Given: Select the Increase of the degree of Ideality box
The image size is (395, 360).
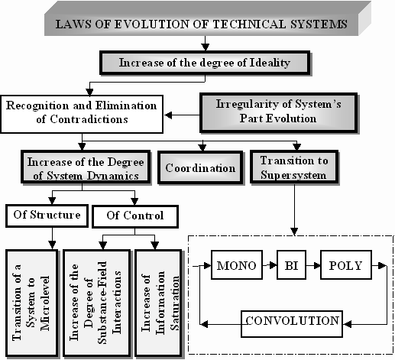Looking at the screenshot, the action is (x=206, y=63).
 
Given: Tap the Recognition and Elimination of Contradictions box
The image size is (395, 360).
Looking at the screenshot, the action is (x=82, y=114).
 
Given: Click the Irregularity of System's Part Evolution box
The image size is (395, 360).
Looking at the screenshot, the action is (x=279, y=113).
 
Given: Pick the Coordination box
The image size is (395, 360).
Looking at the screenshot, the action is (x=200, y=167).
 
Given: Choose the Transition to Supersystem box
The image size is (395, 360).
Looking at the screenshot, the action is (x=294, y=167).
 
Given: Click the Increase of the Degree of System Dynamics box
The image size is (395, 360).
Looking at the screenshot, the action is (x=86, y=167).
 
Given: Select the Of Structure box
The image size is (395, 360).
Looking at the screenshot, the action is (x=47, y=216).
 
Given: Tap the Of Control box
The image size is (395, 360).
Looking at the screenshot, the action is (x=135, y=216).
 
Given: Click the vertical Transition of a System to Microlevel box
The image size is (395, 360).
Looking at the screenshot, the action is (x=32, y=303).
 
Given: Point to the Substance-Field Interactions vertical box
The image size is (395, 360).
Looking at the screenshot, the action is (x=96, y=303).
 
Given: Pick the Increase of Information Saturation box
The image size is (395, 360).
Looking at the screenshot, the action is (x=158, y=303).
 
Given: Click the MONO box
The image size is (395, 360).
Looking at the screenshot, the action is (x=237, y=265).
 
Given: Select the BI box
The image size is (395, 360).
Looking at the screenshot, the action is (x=291, y=265).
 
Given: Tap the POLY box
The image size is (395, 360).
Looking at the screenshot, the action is (x=346, y=265).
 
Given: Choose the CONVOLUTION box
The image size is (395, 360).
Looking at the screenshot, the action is (x=292, y=324).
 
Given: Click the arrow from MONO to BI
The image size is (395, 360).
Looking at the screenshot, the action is (x=270, y=265).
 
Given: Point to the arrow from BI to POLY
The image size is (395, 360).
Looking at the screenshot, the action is (x=313, y=265).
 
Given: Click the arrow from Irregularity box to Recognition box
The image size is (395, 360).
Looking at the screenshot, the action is (x=182, y=115).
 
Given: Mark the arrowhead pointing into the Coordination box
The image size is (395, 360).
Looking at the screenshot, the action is (x=202, y=148).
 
